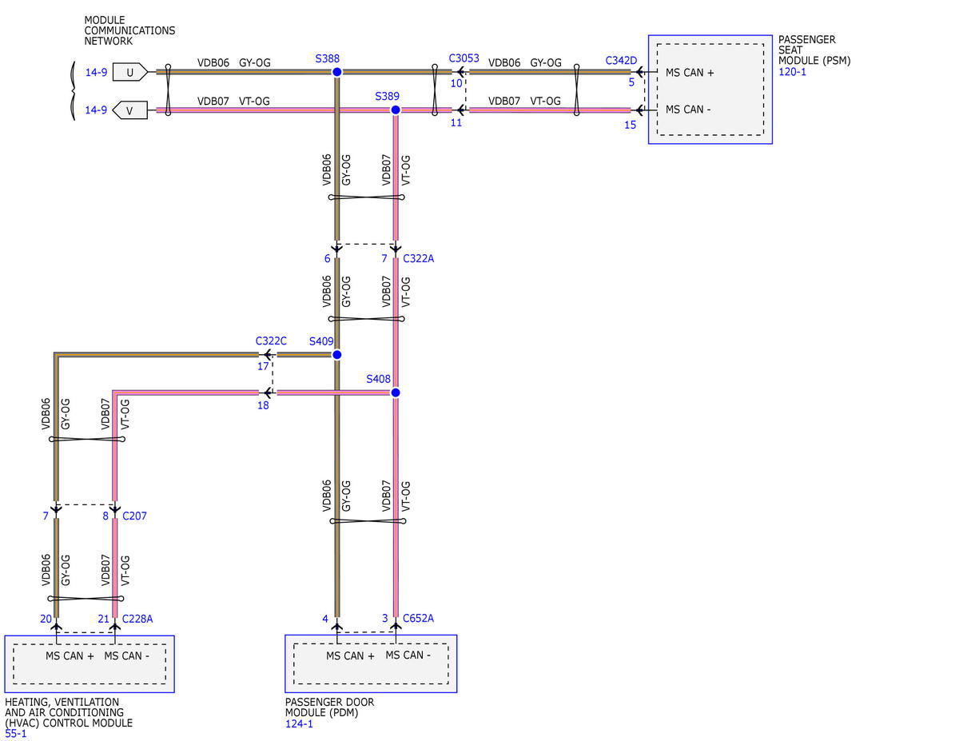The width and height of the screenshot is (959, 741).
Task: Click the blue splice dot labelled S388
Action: pyautogui.click(x=336, y=72)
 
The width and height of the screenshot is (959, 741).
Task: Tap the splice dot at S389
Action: pyautogui.click(x=396, y=110)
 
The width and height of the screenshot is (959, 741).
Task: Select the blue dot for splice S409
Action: pyautogui.click(x=336, y=354)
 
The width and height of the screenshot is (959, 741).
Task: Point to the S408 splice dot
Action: pyautogui.click(x=396, y=392)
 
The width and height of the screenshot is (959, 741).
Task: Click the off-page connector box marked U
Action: pyautogui.click(x=130, y=72)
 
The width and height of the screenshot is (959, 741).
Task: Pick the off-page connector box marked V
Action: pyautogui.click(x=129, y=110)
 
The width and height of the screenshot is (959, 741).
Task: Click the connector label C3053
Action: pyautogui.click(x=464, y=58)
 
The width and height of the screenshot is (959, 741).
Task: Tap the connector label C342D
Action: pyautogui.click(x=621, y=61)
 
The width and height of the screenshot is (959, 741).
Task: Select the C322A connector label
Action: pyautogui.click(x=419, y=259)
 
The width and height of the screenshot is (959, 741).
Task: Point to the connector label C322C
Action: pyautogui.click(x=271, y=341)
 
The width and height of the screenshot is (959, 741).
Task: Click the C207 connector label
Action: pyautogui.click(x=134, y=516)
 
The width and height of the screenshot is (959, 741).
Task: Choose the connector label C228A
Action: pyautogui.click(x=137, y=619)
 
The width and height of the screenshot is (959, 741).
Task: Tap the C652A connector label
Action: pyautogui.click(x=419, y=619)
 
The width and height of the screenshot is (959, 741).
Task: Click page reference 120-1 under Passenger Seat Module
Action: pyautogui.click(x=792, y=71)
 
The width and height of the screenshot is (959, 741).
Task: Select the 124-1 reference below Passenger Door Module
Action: pyautogui.click(x=299, y=723)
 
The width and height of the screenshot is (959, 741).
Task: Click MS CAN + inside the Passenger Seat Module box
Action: pyautogui.click(x=690, y=73)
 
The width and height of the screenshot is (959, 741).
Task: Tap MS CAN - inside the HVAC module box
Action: pyautogui.click(x=126, y=655)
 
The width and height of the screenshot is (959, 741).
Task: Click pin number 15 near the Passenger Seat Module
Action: pyautogui.click(x=631, y=125)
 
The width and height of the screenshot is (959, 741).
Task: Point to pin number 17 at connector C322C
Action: pyautogui.click(x=263, y=366)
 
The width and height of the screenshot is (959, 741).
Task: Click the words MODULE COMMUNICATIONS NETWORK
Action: pyautogui.click(x=129, y=30)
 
